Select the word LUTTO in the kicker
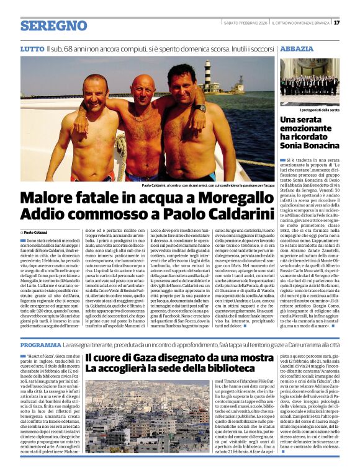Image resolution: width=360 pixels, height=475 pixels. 32,48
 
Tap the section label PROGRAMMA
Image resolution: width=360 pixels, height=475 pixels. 40,344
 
